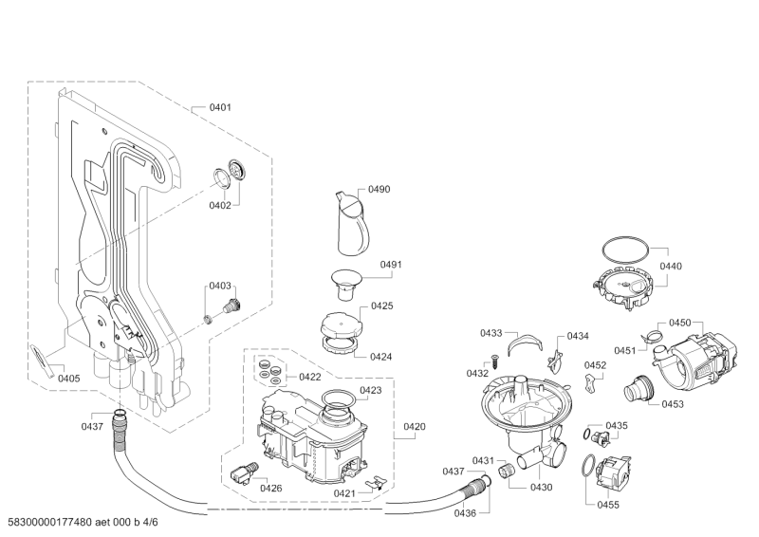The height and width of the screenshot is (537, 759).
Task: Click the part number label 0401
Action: (x=220, y=108)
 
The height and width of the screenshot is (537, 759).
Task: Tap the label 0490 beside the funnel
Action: (x=379, y=190)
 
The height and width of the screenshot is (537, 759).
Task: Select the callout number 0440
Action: (x=671, y=267)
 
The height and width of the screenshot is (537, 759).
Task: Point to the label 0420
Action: (x=414, y=427)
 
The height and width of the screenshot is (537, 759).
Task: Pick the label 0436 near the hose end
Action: (x=465, y=512)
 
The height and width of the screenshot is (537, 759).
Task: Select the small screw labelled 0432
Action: (x=494, y=359)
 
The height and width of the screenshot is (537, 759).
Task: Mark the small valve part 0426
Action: (x=247, y=470)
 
